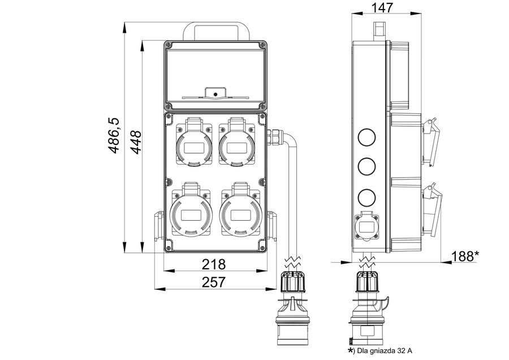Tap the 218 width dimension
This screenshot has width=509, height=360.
pyautogui.click(x=214, y=264)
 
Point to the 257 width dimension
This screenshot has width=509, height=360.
pyautogui.click(x=214, y=281)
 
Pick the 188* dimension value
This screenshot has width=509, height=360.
pyautogui.click(x=465, y=256)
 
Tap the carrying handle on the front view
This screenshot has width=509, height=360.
pyautogui.click(x=214, y=28)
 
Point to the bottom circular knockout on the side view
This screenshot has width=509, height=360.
pyautogui.click(x=367, y=197)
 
